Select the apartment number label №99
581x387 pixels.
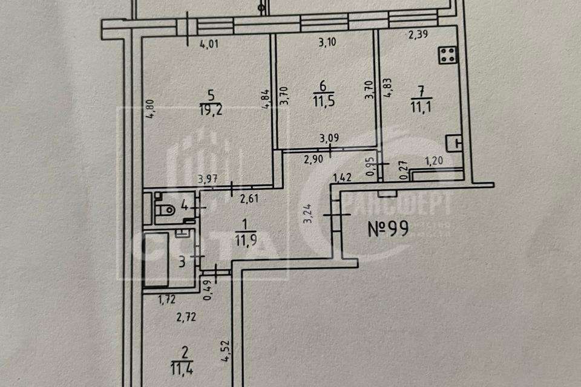389,229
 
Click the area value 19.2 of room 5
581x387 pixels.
211,109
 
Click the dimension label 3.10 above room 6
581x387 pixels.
327,42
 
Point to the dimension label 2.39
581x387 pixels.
418,35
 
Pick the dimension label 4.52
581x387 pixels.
225,351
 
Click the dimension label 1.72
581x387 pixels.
167,298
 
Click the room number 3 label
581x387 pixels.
181,262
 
